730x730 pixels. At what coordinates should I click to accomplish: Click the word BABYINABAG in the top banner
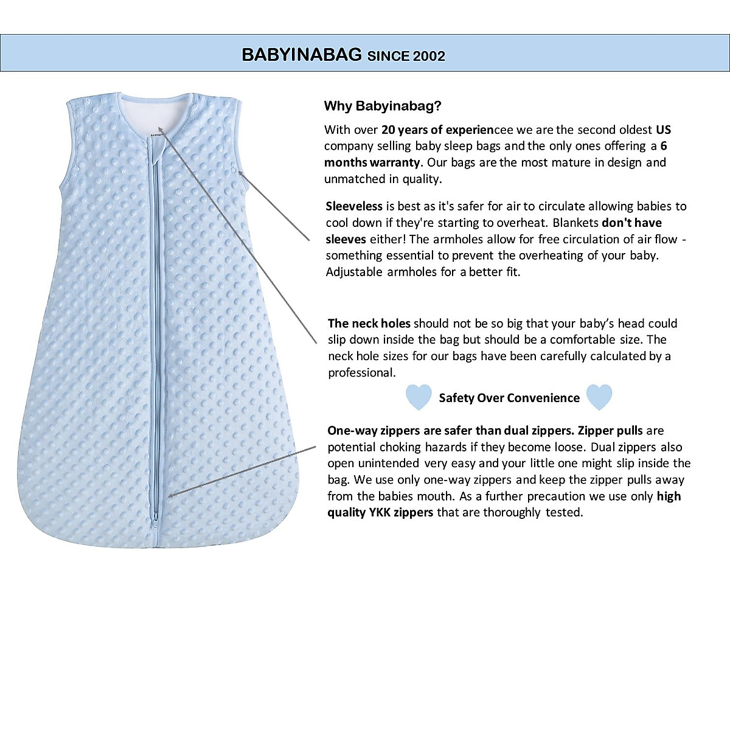pyautogui.click(x=302, y=55)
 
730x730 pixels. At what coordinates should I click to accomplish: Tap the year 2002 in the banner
pyautogui.click(x=429, y=56)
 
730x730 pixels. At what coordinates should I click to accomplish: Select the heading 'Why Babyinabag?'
pyautogui.click(x=383, y=106)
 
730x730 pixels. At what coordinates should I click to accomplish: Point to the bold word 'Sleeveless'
pyautogui.click(x=354, y=206)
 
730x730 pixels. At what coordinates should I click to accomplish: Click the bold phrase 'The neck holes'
pyautogui.click(x=369, y=323)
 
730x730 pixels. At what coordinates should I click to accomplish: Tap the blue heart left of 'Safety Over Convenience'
pyautogui.click(x=419, y=397)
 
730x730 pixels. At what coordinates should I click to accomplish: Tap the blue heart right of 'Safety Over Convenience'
pyautogui.click(x=599, y=397)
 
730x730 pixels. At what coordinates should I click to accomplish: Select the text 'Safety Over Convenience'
pyautogui.click(x=509, y=398)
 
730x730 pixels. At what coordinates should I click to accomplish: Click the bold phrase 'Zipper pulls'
pyautogui.click(x=610, y=431)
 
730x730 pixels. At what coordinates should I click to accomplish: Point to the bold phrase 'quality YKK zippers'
pyautogui.click(x=380, y=512)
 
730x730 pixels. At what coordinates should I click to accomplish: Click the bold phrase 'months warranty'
pyautogui.click(x=372, y=162)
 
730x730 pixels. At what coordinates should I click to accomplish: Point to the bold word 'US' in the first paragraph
pyautogui.click(x=663, y=130)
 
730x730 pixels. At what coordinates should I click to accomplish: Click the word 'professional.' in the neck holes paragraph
pyautogui.click(x=361, y=372)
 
